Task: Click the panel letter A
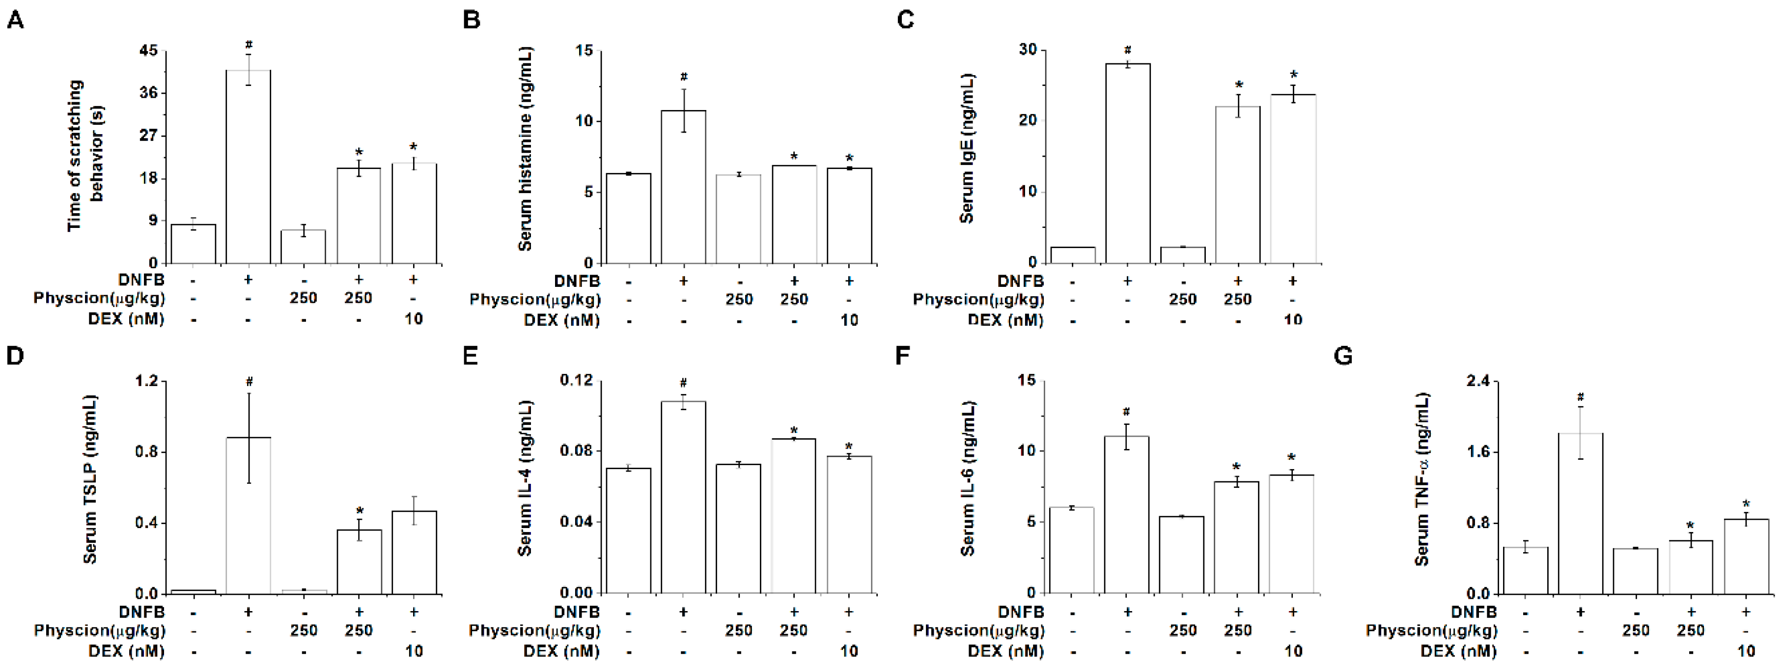click(x=15, y=20)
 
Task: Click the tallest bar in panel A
click(x=249, y=166)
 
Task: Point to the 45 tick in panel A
click(x=148, y=51)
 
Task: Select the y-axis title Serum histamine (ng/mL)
click(x=526, y=149)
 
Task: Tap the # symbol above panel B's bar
click(x=683, y=77)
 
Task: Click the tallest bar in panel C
click(x=1128, y=163)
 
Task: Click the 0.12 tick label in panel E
click(x=577, y=380)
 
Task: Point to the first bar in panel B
click(x=629, y=218)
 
